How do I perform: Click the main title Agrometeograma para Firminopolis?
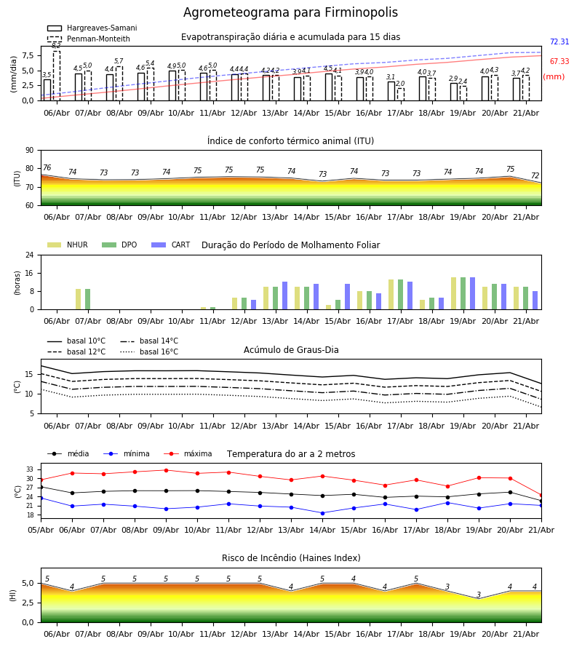coord(290,12)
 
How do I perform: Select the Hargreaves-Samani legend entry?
coord(92,28)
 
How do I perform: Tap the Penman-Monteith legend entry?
coord(89,39)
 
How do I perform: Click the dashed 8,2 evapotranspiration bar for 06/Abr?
coord(56,76)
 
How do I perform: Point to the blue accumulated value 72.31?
coord(559,41)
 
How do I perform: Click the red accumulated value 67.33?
coord(559,61)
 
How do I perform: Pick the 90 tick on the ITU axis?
coord(30,151)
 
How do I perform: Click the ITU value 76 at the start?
coord(47,167)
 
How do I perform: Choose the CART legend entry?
coord(171,245)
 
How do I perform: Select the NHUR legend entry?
coord(68,245)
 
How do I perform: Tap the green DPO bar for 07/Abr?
coord(88,299)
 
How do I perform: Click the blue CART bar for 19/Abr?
coord(473,293)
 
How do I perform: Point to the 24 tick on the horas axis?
coord(30,255)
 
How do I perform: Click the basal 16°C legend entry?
coord(149,352)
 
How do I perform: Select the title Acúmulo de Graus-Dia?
coord(291,349)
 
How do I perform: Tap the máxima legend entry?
coord(188,453)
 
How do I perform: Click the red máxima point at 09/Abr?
coord(166,470)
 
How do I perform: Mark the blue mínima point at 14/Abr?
coord(323,513)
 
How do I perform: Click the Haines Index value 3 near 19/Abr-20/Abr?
coord(479,595)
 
